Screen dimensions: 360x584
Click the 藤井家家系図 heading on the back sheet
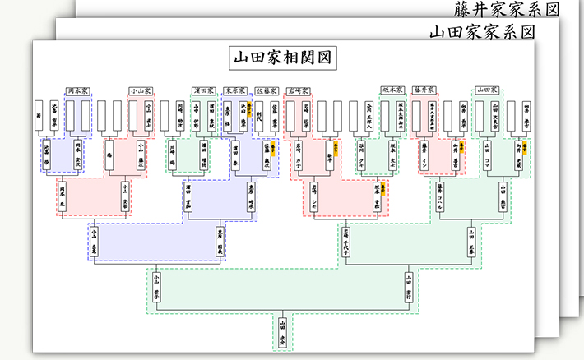click(x=507, y=10)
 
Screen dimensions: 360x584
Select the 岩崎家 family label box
click(x=297, y=90)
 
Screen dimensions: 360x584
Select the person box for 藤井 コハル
click(x=440, y=198)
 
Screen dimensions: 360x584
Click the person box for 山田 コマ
click(x=486, y=153)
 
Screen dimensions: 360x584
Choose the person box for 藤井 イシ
click(x=424, y=153)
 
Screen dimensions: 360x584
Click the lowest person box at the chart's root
click(x=283, y=334)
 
